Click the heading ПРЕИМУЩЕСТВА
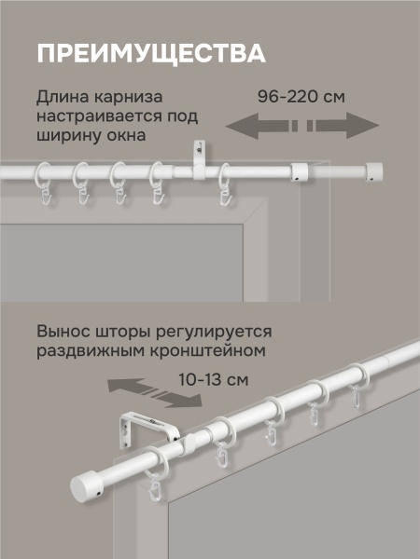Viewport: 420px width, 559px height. [x=149, y=52]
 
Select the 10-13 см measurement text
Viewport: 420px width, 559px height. [x=212, y=380]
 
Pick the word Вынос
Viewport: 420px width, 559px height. [x=63, y=333]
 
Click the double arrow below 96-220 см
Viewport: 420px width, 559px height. [x=303, y=126]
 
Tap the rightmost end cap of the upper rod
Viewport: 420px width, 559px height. [x=373, y=170]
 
